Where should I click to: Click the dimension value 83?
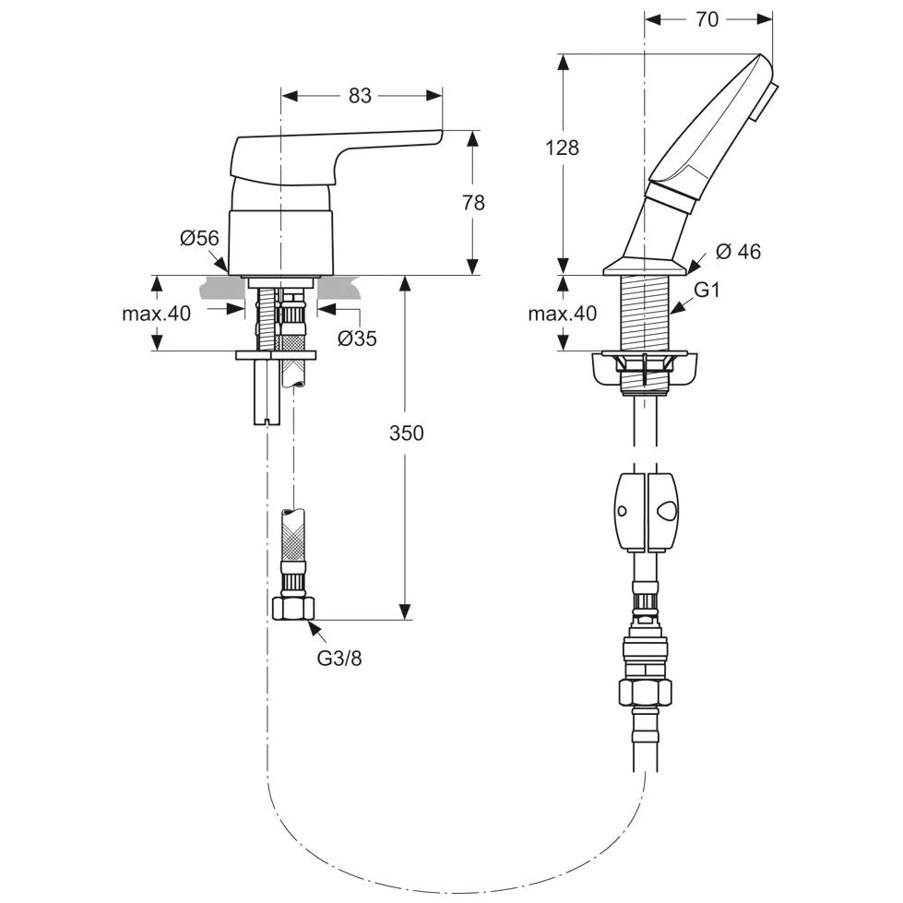361,94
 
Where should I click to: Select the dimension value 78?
473,203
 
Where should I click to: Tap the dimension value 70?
707,19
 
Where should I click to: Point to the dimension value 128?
562,147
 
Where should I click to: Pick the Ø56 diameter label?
199,238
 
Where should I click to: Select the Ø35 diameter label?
357,339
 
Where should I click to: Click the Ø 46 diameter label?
738,251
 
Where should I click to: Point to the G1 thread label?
707,290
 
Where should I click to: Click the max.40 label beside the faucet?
156,314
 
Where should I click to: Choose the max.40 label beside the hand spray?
562,314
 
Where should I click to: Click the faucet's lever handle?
332,152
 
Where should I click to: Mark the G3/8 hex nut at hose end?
295,608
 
